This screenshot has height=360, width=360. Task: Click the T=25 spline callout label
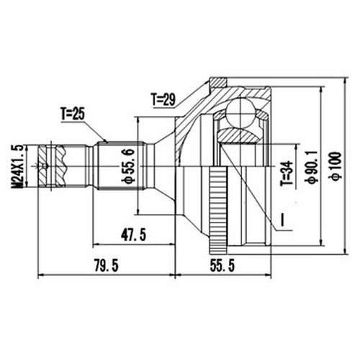tap(73, 114)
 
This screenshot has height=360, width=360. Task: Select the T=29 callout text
tap(163, 99)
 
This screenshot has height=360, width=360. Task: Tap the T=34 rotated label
tap(287, 174)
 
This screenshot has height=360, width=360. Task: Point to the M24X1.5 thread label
tap(19, 166)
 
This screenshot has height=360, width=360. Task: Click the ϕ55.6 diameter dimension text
tap(128, 166)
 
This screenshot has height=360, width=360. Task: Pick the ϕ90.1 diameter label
tap(311, 167)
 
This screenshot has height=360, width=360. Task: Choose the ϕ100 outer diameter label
tap(336, 166)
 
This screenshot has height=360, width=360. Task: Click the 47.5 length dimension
tap(133, 235)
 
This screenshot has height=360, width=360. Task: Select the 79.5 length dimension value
tap(107, 266)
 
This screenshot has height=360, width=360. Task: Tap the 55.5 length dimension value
tap(222, 266)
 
